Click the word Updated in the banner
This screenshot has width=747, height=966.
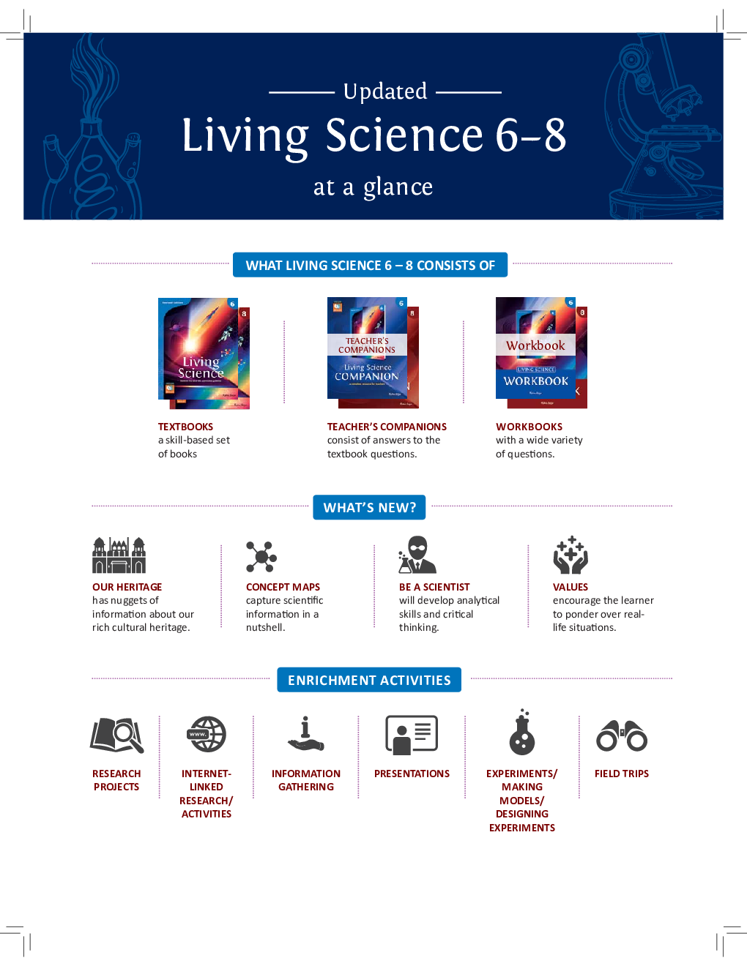(384, 91)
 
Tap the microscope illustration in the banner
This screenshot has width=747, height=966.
(666, 126)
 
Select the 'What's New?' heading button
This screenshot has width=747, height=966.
(369, 507)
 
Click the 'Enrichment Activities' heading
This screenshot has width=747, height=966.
(369, 680)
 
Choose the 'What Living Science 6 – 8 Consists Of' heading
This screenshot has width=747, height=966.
(370, 265)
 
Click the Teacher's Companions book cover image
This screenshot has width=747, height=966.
(373, 353)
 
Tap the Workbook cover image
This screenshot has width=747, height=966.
(541, 353)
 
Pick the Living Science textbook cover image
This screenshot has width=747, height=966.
(204, 353)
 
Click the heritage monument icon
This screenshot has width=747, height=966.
(119, 555)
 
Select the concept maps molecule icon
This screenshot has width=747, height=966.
(261, 556)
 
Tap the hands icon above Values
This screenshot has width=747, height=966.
(571, 555)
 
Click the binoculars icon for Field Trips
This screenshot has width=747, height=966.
(622, 735)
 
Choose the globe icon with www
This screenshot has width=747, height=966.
(207, 734)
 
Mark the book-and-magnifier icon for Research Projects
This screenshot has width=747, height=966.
(117, 735)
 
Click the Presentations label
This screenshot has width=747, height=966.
(412, 774)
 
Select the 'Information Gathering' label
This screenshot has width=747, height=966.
(306, 780)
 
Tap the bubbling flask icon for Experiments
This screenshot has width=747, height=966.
(522, 732)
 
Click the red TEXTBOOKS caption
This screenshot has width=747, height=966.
(185, 427)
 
